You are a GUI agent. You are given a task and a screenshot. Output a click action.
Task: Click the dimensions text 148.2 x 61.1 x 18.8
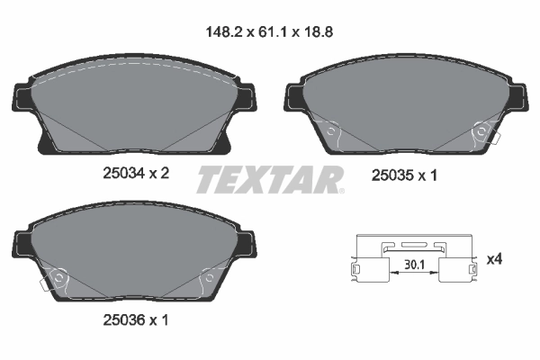click(270, 30)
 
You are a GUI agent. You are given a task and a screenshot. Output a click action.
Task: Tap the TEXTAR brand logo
click(269, 179)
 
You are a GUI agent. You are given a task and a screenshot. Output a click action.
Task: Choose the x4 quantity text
click(494, 259)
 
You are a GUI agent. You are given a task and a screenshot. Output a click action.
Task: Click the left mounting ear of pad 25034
click(20, 97)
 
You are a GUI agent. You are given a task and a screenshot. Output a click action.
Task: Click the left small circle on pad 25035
click(332, 133)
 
